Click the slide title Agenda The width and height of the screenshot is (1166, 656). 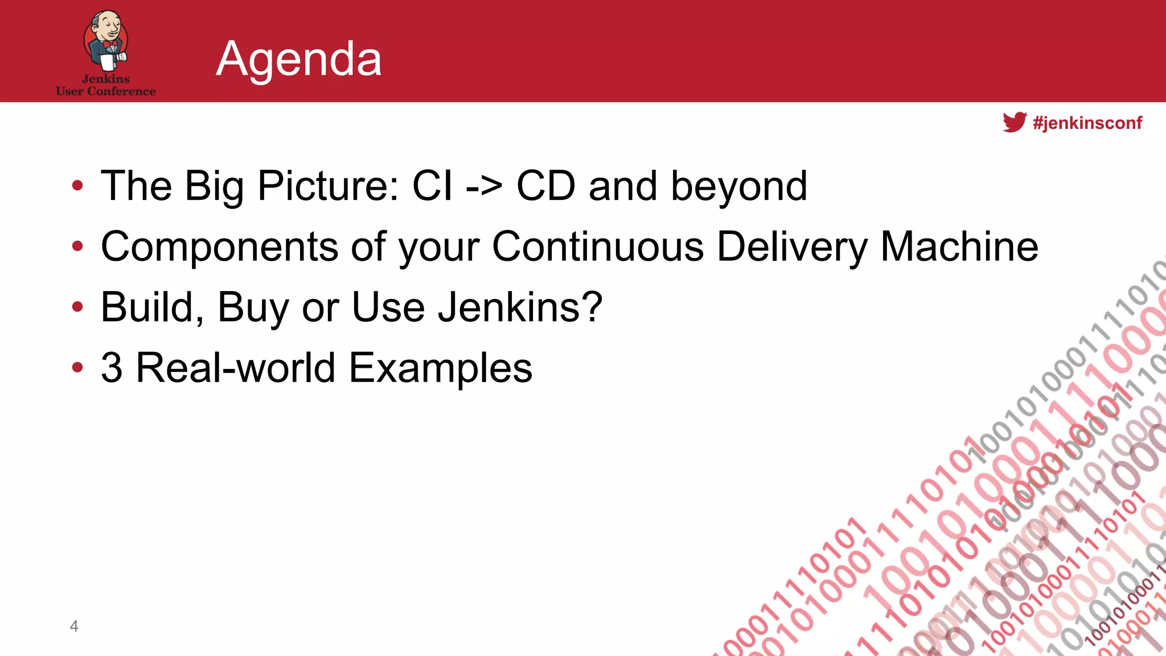(298, 59)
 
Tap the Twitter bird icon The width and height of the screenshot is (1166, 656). (1014, 122)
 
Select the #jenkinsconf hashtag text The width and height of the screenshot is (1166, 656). (1087, 123)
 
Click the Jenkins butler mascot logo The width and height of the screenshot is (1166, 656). (106, 40)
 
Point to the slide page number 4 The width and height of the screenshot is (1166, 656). (74, 626)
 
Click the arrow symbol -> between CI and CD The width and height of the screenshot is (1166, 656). (484, 186)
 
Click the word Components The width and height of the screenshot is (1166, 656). (220, 248)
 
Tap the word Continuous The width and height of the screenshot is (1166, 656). (598, 247)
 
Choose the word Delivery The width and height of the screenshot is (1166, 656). (792, 248)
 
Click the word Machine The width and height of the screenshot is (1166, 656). (959, 247)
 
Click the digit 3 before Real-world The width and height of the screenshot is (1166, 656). (112, 368)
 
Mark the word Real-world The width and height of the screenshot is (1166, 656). (235, 368)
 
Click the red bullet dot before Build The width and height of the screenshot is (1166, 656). (77, 307)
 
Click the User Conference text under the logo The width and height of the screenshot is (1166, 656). (106, 91)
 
